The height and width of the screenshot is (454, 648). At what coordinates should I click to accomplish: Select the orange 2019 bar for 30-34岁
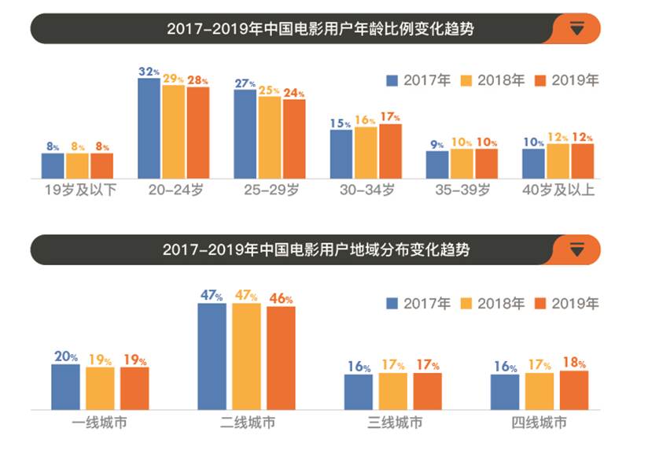[390, 151]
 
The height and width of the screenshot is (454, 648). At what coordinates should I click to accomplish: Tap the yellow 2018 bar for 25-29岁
[269, 138]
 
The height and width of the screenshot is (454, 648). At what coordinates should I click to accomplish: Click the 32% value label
[149, 72]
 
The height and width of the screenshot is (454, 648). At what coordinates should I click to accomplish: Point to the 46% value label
[280, 299]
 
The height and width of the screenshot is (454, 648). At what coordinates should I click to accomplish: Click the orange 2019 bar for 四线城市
[574, 390]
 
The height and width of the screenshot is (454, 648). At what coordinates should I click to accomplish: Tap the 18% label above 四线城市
[575, 363]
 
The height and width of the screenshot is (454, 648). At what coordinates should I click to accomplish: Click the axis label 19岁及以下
[78, 190]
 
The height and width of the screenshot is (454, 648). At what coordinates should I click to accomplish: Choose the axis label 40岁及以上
[557, 190]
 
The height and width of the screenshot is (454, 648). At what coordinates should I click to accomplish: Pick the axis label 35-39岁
[462, 190]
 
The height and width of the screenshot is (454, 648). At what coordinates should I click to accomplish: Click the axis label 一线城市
[99, 423]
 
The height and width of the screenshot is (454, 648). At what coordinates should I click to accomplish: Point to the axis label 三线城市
[394, 423]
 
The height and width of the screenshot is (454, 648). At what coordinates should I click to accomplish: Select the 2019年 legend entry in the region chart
[567, 304]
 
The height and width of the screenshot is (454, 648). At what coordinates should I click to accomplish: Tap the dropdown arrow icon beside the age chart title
[577, 29]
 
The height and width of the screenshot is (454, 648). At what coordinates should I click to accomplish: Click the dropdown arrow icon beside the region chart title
[577, 250]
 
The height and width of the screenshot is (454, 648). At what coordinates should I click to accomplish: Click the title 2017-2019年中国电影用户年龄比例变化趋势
[324, 29]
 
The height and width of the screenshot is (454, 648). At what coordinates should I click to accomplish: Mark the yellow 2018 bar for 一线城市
[100, 388]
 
